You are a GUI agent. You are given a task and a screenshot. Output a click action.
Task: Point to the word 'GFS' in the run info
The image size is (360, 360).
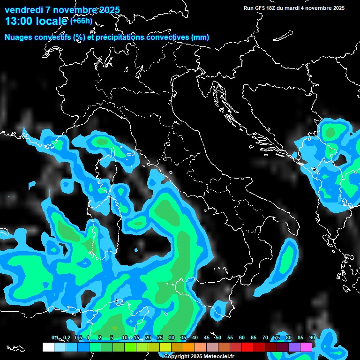260,8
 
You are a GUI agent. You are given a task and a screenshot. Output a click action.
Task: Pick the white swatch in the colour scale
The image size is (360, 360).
48,347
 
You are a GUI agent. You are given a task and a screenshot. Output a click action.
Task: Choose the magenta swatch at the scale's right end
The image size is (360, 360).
306,347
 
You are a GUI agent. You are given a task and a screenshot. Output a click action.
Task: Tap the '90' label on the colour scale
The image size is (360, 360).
312,337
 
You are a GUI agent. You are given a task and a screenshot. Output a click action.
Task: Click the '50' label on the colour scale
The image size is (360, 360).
218,337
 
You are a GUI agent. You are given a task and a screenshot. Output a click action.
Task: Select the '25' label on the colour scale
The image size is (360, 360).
159,337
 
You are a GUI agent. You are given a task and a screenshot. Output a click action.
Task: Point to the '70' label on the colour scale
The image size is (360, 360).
265,337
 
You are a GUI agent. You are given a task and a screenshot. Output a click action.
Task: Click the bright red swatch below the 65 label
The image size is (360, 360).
247,347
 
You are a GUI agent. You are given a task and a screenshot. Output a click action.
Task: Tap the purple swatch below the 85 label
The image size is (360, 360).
294,347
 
